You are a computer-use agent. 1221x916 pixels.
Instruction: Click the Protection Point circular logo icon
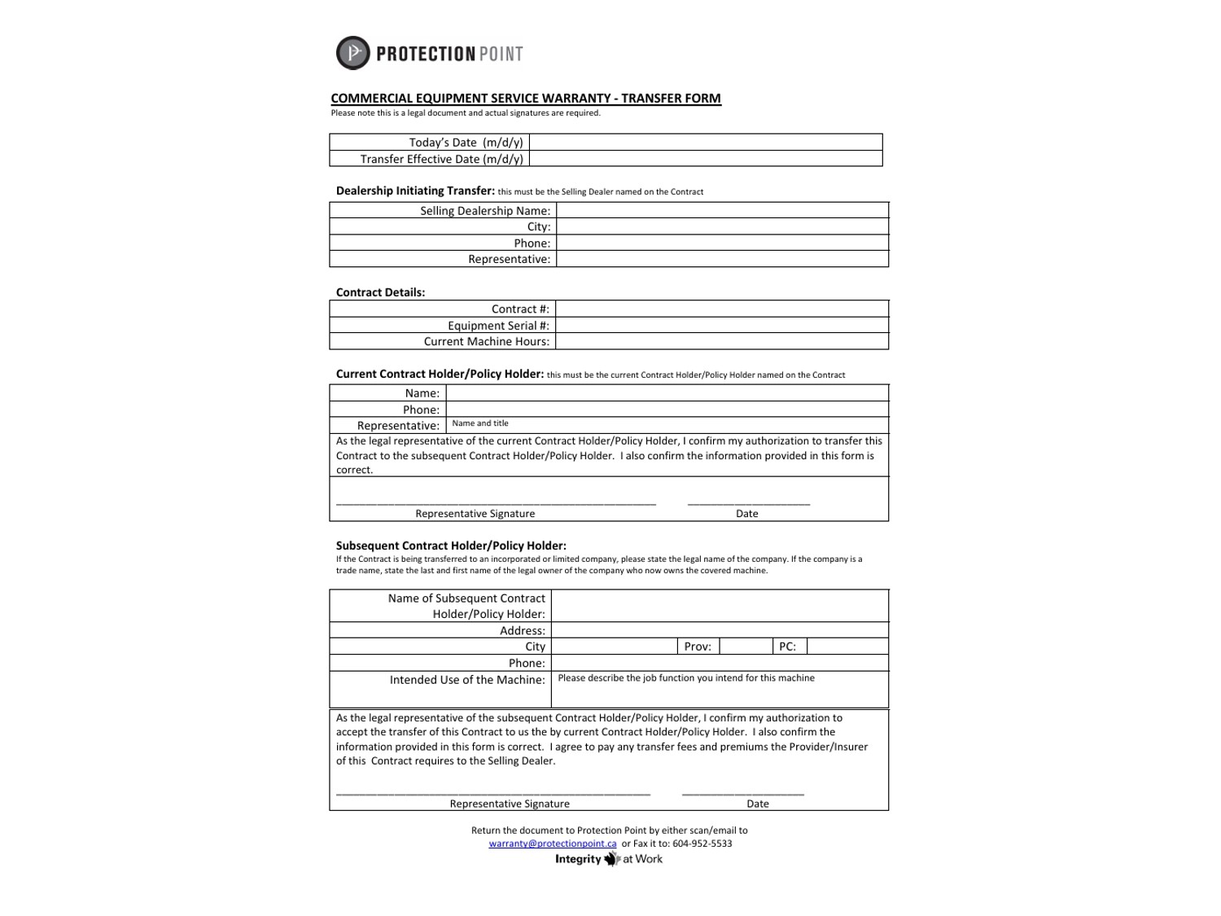(x=352, y=53)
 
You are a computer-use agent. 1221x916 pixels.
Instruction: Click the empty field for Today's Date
(x=705, y=142)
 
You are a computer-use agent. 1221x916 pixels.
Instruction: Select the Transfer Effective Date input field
(x=705, y=159)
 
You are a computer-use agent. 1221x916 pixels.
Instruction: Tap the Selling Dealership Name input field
(x=722, y=210)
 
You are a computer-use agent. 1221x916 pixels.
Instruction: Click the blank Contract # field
(x=722, y=309)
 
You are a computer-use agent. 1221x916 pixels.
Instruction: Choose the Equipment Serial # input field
(x=722, y=325)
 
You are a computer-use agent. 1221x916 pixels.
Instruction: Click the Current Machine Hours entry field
(x=722, y=341)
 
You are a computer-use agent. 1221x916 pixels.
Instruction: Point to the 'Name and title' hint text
(x=480, y=423)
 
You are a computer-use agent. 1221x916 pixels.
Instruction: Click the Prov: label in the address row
(x=698, y=646)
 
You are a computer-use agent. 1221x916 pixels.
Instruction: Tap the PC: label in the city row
(x=787, y=646)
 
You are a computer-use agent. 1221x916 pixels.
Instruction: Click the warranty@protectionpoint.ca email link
(x=553, y=844)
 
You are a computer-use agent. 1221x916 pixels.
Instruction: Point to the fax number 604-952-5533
(x=702, y=844)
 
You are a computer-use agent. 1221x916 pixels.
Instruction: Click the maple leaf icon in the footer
(x=612, y=859)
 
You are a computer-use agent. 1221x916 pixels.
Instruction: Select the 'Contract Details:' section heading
(x=380, y=292)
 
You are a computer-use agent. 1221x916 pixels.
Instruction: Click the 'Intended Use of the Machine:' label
(x=467, y=680)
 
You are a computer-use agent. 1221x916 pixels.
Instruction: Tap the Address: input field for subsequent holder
(x=720, y=630)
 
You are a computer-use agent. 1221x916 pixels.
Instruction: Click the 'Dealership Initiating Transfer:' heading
(x=415, y=191)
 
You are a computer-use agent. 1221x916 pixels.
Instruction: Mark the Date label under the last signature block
(x=758, y=804)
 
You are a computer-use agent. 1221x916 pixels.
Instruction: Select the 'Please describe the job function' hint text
(x=686, y=678)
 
